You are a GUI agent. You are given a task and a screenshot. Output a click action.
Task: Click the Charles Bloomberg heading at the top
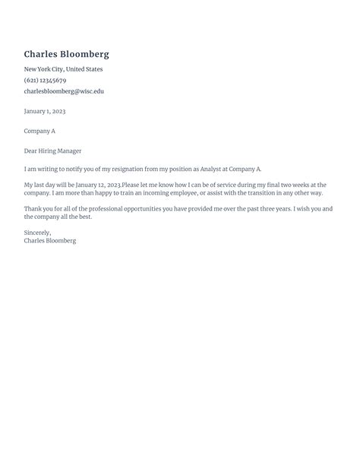[x=66, y=54]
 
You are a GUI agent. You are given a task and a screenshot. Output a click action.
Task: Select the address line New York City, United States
[x=63, y=69]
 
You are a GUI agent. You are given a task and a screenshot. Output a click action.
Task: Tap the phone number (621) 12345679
[x=45, y=80]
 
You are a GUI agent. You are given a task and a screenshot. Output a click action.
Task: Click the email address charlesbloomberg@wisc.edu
[x=64, y=91]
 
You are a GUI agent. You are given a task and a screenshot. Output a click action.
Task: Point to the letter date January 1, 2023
[x=44, y=111]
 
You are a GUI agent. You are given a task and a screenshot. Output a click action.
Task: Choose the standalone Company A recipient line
[x=39, y=131]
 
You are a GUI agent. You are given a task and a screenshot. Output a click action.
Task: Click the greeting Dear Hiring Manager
[x=52, y=151]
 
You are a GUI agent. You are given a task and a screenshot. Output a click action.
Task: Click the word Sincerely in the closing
[x=37, y=233]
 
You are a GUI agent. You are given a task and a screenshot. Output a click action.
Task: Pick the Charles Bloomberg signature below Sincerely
[x=50, y=240]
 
